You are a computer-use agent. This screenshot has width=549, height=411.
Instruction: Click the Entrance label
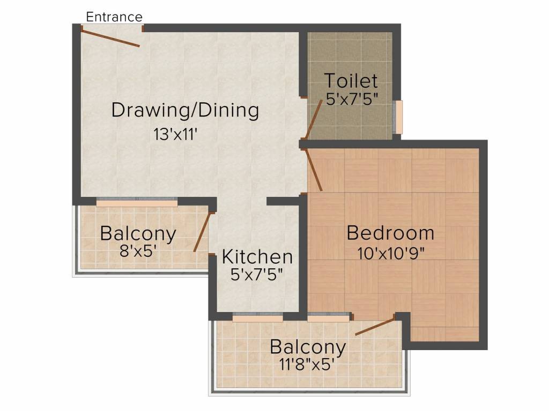click(x=114, y=17)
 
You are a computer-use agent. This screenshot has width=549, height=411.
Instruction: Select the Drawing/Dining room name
click(x=185, y=110)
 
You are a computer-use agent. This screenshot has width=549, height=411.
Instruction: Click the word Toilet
click(x=351, y=81)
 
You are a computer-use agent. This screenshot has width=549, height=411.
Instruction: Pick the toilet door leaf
click(x=313, y=119)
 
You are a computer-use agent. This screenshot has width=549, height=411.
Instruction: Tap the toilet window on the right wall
click(x=398, y=117)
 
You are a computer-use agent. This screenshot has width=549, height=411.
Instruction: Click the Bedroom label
click(x=390, y=233)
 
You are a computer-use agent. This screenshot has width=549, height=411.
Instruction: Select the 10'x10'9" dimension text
click(x=390, y=253)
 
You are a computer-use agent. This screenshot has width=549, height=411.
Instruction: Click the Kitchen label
click(x=257, y=257)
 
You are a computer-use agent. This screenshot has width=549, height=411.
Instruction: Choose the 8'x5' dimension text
click(x=138, y=250)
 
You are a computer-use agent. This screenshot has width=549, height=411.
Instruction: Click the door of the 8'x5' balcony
click(x=202, y=231)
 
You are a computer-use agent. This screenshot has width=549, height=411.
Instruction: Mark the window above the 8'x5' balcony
click(x=137, y=202)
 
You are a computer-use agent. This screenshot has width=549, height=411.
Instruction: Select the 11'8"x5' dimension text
click(x=305, y=364)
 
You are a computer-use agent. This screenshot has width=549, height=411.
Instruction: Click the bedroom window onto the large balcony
click(x=329, y=317)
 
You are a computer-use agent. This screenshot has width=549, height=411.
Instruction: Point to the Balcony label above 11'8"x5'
click(x=308, y=347)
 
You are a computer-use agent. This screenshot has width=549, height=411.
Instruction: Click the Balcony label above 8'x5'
click(x=138, y=233)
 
